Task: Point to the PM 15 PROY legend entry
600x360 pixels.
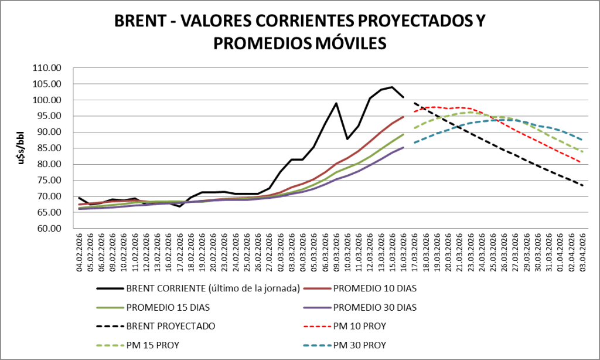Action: coord(152,345)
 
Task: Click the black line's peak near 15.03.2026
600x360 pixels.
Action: coord(392,87)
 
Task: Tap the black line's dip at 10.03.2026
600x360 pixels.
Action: coord(347,139)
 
